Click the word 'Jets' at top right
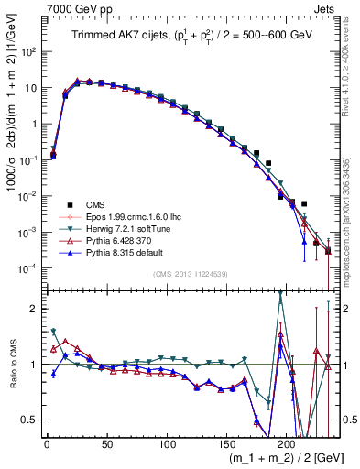point(324,8)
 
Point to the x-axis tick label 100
point(167,444)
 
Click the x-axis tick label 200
point(287,444)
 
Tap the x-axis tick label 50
point(106,444)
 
